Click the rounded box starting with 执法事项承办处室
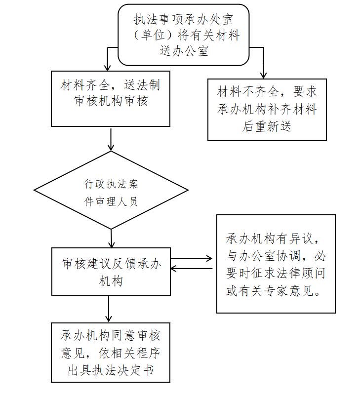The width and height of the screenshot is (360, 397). point(184,35)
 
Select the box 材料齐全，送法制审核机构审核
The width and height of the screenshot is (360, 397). point(111,98)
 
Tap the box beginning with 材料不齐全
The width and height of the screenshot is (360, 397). point(267,109)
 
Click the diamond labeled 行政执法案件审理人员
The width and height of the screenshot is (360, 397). point(111,190)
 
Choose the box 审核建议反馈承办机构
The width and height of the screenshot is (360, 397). point(111,272)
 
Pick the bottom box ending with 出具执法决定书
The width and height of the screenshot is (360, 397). point(111,352)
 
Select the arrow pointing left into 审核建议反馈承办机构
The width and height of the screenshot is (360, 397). point(193,268)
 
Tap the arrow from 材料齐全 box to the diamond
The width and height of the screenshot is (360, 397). point(111,139)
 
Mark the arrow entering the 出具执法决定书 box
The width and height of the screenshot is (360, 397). point(109,310)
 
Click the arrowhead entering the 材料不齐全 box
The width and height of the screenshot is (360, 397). point(263,74)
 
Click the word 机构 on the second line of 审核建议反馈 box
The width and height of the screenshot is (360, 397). point(111,281)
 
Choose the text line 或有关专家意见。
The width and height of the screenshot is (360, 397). point(276,291)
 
